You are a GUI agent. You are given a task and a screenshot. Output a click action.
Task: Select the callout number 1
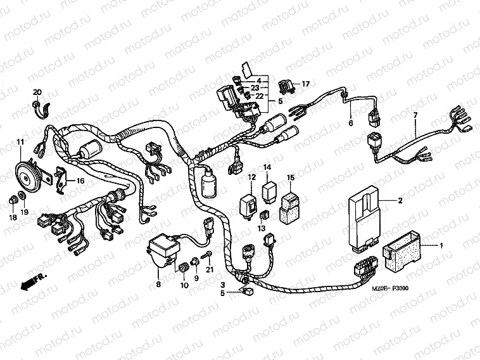(441, 245)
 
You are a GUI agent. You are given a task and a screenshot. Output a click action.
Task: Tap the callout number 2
(400, 201)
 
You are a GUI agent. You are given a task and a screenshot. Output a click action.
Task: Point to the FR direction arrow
(28, 283)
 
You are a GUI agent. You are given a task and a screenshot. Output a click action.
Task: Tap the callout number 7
(415, 115)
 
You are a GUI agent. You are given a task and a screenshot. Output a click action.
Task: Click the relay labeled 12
(248, 200)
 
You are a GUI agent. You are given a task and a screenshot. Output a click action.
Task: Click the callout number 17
(305, 84)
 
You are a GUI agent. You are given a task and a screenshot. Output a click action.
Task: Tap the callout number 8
(158, 284)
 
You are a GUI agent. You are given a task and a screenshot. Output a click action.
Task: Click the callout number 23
(255, 88)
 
